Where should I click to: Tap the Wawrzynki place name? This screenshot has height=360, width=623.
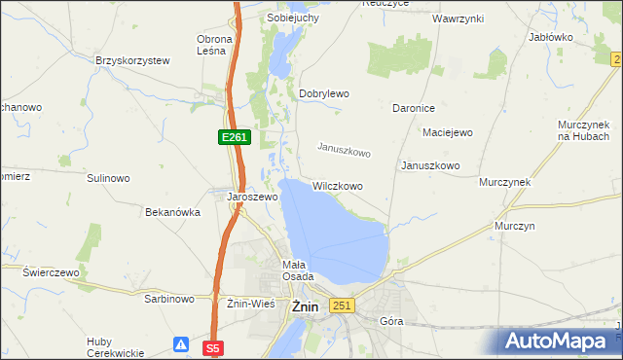[459, 18]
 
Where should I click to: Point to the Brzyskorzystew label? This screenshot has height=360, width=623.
[133, 60]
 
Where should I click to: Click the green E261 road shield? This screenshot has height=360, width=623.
[234, 138]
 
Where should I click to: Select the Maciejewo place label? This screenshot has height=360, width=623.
[447, 131]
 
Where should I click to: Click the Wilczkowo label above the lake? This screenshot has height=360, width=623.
[338, 185]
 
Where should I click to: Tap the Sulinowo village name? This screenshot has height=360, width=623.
[108, 179]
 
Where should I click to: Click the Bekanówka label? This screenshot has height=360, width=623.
[172, 211]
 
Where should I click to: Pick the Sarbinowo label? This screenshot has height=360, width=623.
[169, 301]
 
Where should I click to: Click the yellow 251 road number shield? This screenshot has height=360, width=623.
[341, 306]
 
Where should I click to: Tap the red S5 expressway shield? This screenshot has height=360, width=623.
[214, 346]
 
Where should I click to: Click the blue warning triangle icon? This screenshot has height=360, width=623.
[182, 343]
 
